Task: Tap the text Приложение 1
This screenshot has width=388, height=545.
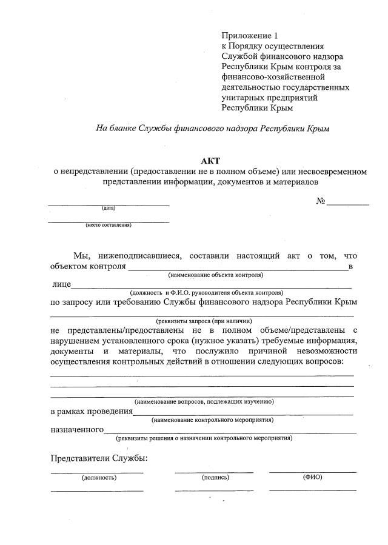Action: [x=250, y=36]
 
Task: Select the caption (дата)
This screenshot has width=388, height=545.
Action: [x=109, y=209]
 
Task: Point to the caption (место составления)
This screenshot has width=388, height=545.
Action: [x=108, y=225]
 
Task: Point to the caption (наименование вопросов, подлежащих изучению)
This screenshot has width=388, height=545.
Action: [x=204, y=401]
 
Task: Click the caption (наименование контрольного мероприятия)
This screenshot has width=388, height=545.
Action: [x=212, y=420]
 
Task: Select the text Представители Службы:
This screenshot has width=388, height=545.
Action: [x=99, y=458]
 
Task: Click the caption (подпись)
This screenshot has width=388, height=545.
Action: [x=215, y=477]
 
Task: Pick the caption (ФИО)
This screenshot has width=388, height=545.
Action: [x=312, y=476]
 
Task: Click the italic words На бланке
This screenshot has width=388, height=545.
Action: [x=115, y=129]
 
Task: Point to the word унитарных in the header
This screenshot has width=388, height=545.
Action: [x=241, y=98]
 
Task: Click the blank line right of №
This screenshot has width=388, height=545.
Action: [x=348, y=204]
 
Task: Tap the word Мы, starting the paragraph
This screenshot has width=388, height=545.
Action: [x=81, y=256]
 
